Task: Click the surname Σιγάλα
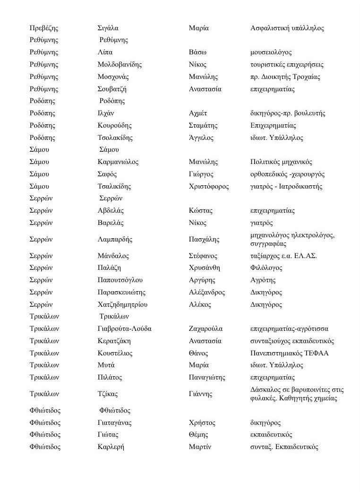tap(108, 28)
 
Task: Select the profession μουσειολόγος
tap(271, 52)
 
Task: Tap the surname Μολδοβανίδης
tap(120, 65)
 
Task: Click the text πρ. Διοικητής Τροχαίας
tap(285, 77)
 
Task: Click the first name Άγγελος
tap(201, 138)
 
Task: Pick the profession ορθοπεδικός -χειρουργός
tap(281, 174)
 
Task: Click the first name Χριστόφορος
tap(209, 187)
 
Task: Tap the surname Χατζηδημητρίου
tap(122, 305)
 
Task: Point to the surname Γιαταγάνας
tap(114, 423)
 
